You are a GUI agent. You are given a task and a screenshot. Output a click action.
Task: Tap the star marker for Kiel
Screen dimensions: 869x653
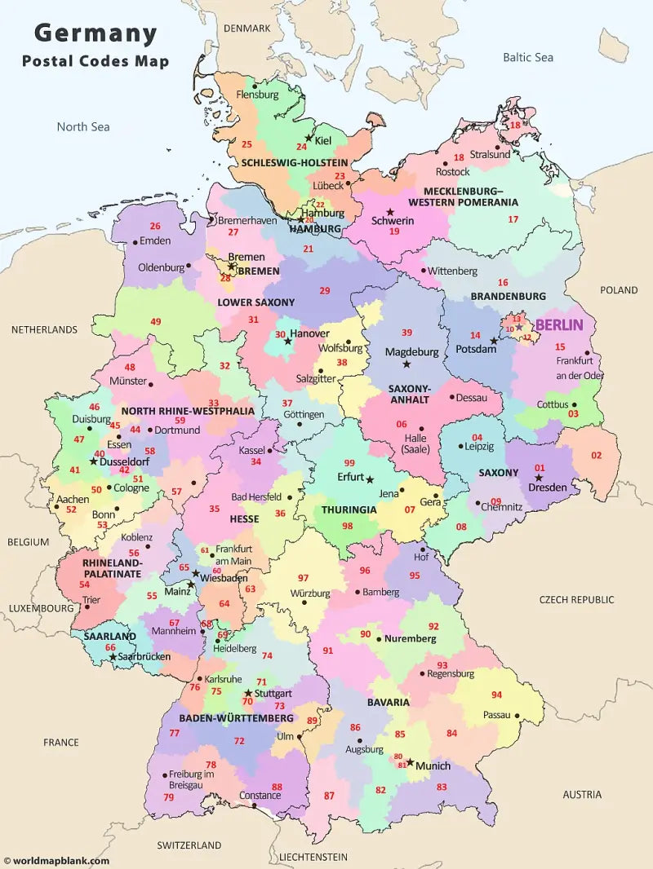click(x=308, y=138)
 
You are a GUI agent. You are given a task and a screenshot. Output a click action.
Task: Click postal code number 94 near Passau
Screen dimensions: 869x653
click(x=496, y=695)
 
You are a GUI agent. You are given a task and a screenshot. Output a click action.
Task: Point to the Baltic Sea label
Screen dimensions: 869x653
click(x=527, y=57)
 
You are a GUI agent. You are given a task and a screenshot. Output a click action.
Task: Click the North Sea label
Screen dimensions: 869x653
click(x=82, y=126)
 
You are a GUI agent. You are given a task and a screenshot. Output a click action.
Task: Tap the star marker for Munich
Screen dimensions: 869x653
click(x=410, y=763)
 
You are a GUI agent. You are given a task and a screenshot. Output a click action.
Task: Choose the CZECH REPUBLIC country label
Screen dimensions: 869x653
click(x=576, y=599)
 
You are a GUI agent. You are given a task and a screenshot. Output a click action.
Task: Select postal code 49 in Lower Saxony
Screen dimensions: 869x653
click(x=155, y=321)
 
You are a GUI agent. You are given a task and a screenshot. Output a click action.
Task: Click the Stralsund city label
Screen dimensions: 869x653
click(x=490, y=154)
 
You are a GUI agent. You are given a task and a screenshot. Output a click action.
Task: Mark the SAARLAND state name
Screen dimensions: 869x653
click(x=109, y=636)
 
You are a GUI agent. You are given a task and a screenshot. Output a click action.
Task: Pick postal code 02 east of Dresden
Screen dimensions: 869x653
click(x=596, y=455)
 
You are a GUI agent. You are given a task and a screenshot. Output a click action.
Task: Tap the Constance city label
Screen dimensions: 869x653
click(x=260, y=795)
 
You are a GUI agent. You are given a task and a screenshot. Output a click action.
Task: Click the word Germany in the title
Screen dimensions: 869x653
click(x=96, y=33)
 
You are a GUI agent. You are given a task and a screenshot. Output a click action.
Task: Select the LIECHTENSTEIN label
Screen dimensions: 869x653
click(x=313, y=857)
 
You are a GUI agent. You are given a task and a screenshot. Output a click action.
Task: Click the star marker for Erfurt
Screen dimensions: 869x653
click(x=369, y=479)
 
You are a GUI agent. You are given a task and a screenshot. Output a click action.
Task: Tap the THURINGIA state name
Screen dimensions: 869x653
click(x=349, y=509)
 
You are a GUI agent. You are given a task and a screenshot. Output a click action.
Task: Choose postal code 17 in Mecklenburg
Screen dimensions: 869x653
click(x=513, y=218)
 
